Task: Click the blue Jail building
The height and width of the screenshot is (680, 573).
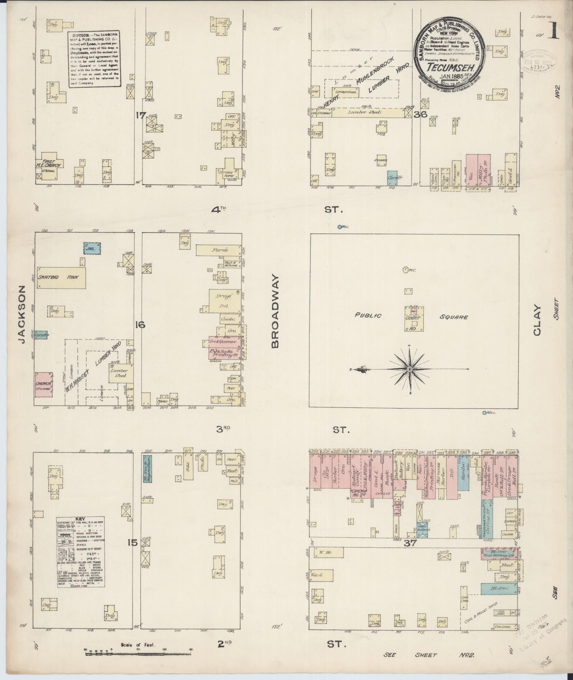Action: [92, 248]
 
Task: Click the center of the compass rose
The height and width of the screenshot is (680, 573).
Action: [409, 369]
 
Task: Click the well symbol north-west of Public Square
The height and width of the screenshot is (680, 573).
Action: [339, 227]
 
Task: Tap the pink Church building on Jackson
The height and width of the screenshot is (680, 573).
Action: [44, 384]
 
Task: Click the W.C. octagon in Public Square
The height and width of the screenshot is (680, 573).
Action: [405, 270]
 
